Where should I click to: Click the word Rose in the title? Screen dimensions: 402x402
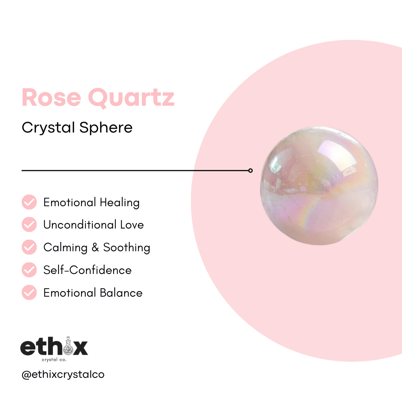coord(51,97)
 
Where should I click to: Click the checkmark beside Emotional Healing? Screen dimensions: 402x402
coord(29,202)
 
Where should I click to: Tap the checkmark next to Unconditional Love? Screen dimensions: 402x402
coord(29,224)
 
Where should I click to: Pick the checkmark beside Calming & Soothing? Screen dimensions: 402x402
coord(29,247)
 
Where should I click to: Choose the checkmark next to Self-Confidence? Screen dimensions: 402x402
coord(29,270)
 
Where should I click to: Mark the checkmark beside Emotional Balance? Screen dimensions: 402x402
coord(29,293)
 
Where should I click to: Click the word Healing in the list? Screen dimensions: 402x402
coord(119,203)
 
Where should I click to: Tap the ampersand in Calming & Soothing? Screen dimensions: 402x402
coord(96,248)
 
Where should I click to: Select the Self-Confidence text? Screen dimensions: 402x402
coord(87,270)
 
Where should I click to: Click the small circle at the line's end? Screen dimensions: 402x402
coord(251,170)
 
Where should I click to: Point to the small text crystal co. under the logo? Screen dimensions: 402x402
coord(54,360)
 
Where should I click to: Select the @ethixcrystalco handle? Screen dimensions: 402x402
coord(63,374)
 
